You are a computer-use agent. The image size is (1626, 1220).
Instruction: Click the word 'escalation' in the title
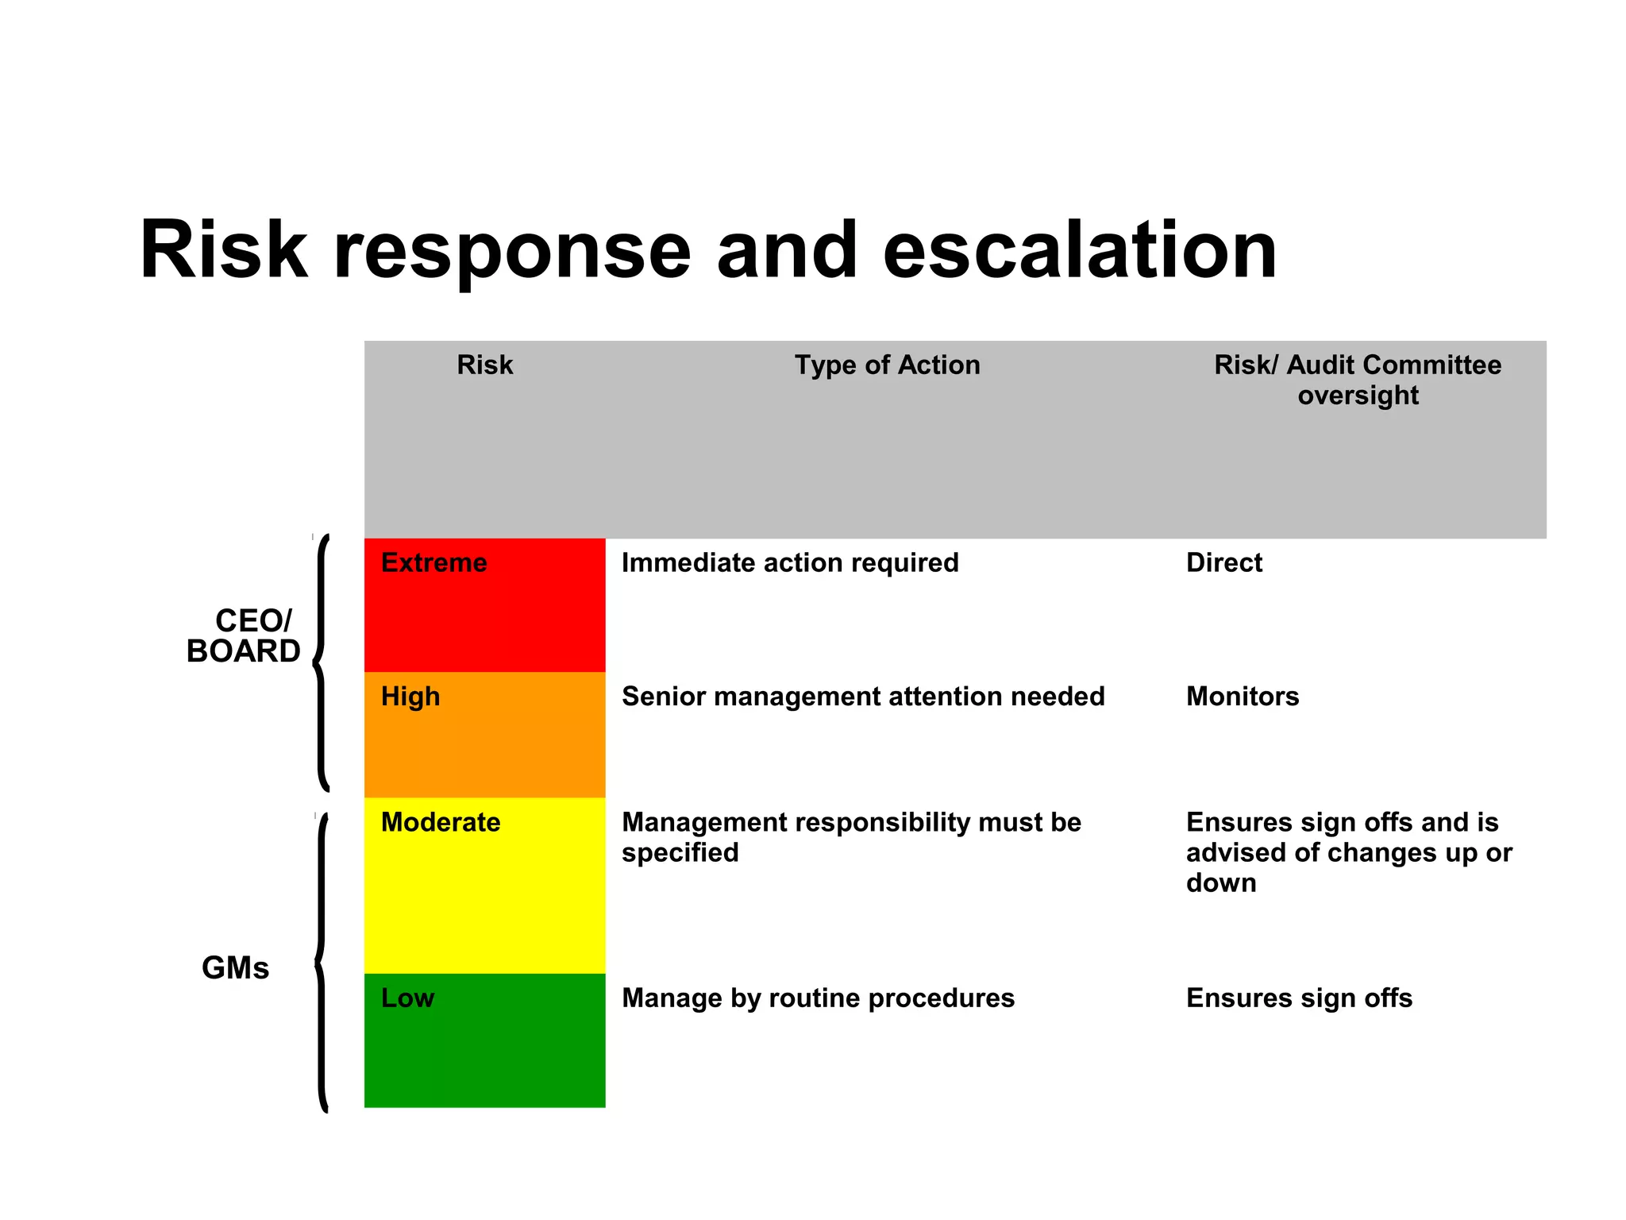pos(1079,250)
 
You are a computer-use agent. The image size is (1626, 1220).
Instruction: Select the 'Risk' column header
pos(484,365)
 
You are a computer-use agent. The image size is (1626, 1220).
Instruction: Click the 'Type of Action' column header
pos(887,365)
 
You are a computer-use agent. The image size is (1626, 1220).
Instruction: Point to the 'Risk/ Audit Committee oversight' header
pos(1358,380)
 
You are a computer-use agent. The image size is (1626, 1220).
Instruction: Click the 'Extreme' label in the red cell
pos(433,562)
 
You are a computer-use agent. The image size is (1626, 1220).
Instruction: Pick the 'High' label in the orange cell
pos(410,697)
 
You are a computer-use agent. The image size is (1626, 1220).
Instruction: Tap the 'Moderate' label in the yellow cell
pos(441,822)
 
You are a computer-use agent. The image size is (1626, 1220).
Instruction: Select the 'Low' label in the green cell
pos(407,998)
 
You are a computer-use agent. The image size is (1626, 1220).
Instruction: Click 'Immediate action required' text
pos(790,562)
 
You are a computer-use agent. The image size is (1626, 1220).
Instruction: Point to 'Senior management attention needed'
pos(863,697)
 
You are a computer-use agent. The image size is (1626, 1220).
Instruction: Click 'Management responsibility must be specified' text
pos(850,837)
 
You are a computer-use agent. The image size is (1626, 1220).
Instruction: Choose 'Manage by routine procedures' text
pos(818,998)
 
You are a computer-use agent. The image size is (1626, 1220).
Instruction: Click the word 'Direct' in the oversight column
pos(1223,562)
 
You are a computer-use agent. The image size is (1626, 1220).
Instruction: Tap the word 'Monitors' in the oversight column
pos(1243,697)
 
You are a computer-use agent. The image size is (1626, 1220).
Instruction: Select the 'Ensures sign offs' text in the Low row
pos(1299,998)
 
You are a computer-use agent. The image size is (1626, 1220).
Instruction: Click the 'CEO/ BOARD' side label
pos(244,636)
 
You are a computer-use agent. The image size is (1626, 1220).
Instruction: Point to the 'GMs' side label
pos(235,968)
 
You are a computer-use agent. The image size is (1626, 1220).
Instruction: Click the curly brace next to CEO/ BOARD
pos(320,663)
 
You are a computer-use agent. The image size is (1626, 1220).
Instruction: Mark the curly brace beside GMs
pos(321,963)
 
